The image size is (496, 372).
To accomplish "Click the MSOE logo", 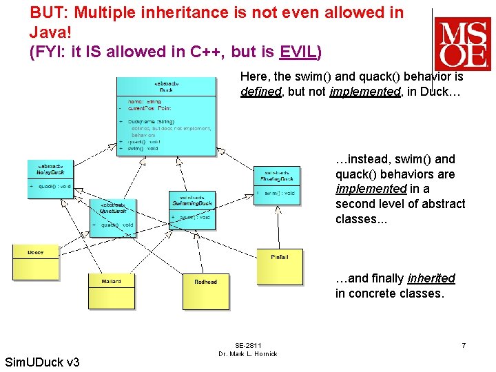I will click(462, 43).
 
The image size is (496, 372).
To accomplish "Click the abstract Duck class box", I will click(165, 114).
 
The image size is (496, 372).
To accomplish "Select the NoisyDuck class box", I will click(50, 178).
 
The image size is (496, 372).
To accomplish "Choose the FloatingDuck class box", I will click(278, 185).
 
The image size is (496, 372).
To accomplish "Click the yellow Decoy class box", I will click(36, 262).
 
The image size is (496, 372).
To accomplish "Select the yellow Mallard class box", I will click(111, 291).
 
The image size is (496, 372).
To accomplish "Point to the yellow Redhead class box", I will click(205, 291).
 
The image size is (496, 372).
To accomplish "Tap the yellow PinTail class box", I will click(279, 267).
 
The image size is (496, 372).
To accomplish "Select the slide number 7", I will click(464, 344).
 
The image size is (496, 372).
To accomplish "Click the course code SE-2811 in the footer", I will click(247, 345).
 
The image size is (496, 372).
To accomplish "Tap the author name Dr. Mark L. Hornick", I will click(247, 354).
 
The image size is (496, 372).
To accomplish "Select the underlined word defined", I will click(261, 92).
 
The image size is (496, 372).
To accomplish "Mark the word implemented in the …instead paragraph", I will click(371, 189).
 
